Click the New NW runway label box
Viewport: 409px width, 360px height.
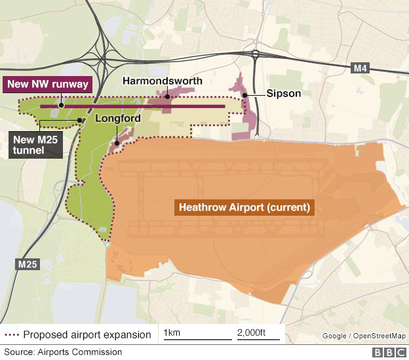click(x=47, y=85)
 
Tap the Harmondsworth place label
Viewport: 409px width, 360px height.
click(x=163, y=81)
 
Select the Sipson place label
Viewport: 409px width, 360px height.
click(x=284, y=93)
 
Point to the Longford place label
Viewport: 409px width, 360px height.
click(x=118, y=119)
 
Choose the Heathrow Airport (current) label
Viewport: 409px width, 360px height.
click(x=243, y=208)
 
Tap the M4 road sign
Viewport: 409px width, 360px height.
click(x=360, y=68)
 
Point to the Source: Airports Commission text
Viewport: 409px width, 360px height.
click(x=63, y=353)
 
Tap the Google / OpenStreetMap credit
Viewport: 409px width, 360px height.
click(x=364, y=336)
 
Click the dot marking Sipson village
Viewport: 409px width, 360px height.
click(x=245, y=95)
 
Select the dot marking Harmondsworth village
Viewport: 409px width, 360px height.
click(x=167, y=96)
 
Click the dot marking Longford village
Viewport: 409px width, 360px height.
click(x=117, y=142)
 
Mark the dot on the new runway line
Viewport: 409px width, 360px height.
click(x=60, y=105)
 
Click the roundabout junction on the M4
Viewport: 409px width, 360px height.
click(x=255, y=55)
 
